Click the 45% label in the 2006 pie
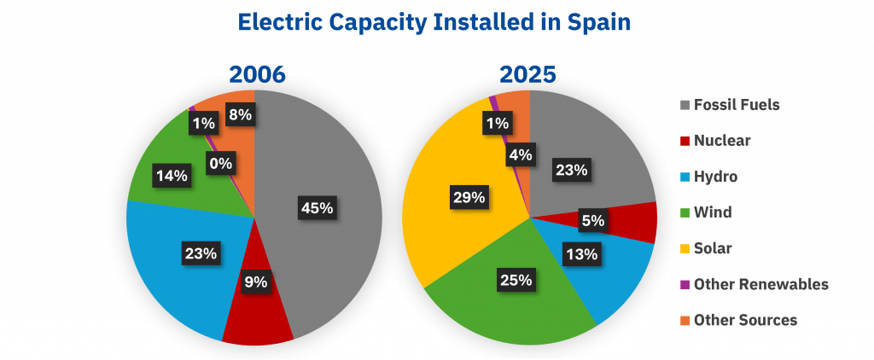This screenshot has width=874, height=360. point(317,206)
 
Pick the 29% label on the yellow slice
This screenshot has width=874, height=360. point(468,197)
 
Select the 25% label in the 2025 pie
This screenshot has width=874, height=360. point(516,280)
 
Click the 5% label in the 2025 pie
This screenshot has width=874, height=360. point(592,220)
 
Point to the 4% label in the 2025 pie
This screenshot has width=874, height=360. point(519,155)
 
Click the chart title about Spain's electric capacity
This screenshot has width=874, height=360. point(434,22)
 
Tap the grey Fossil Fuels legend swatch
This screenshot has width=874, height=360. point(685,106)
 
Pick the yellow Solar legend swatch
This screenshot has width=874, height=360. point(685,248)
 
